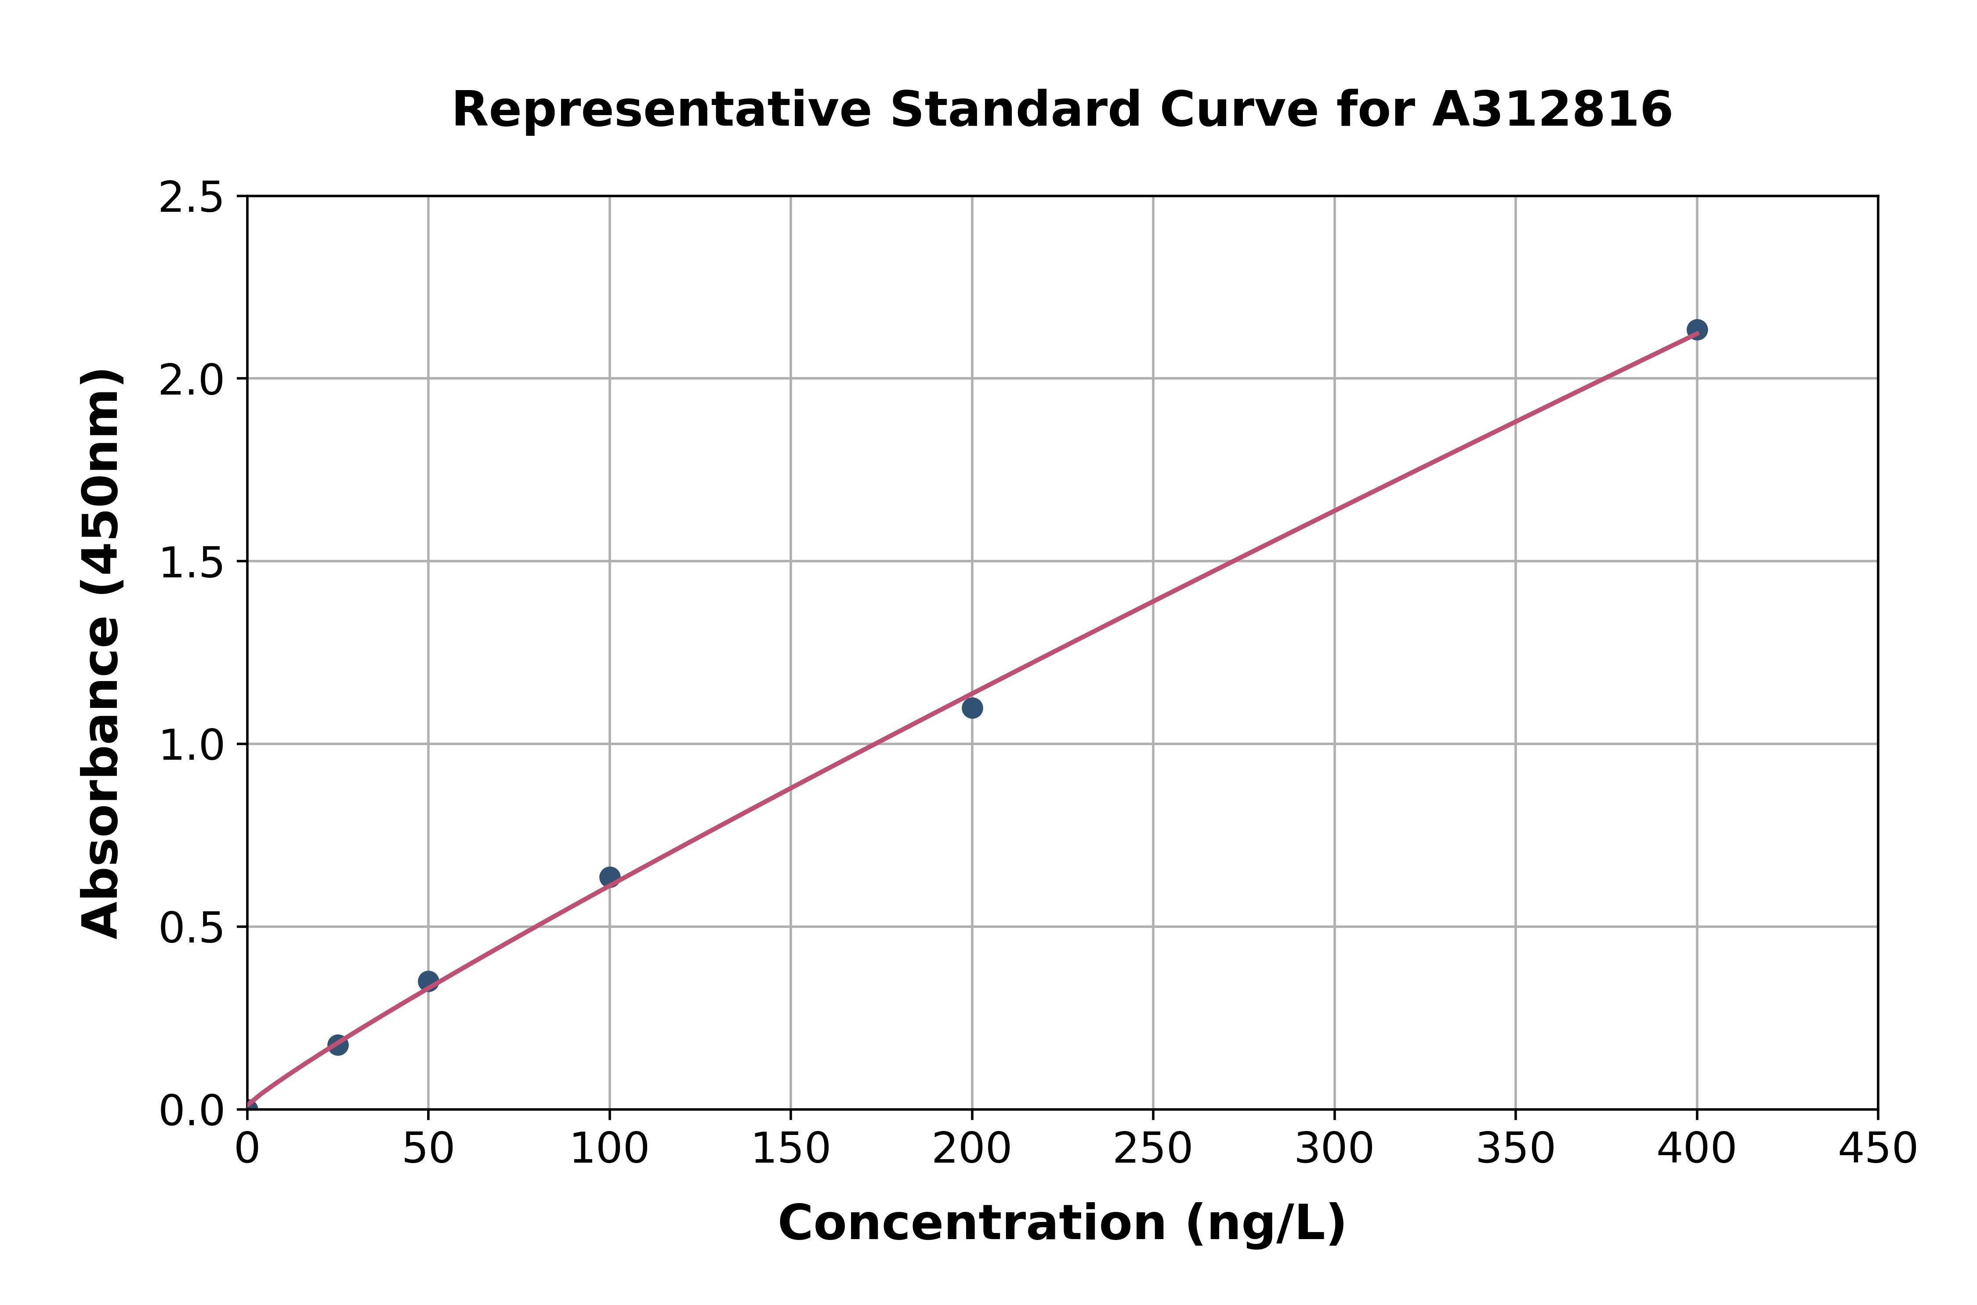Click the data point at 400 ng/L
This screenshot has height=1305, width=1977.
[x=1697, y=330]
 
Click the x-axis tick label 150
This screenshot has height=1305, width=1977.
[x=790, y=1149]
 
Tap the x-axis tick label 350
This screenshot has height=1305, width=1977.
[x=1515, y=1149]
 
